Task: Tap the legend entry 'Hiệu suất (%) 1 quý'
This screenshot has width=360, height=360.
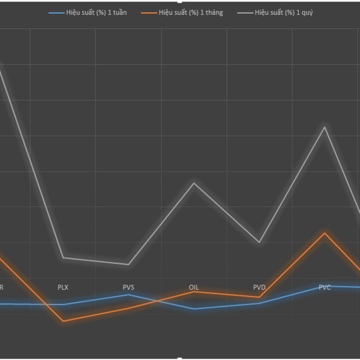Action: point(279,12)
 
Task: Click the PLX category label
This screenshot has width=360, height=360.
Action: point(63,287)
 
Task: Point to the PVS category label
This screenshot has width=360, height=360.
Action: point(128,287)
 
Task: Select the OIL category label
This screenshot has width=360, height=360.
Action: point(194,287)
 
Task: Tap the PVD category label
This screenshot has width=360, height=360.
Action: point(259,287)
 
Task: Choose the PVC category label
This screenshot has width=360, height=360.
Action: point(325,287)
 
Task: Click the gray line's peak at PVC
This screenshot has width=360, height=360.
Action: point(325,127)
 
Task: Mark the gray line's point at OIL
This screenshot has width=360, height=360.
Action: point(194,182)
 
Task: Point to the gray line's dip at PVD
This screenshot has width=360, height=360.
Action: point(259,242)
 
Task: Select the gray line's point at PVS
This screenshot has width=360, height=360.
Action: point(128,264)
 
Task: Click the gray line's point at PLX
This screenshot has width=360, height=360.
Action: point(63,258)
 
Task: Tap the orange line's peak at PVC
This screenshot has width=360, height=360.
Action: point(325,232)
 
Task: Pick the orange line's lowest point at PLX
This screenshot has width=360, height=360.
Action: point(63,321)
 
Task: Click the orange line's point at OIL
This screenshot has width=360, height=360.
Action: point(194,292)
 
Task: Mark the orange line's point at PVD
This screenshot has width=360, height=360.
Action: point(259,297)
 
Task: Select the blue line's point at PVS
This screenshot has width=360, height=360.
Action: point(128,294)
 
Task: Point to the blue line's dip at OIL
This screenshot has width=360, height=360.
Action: point(194,308)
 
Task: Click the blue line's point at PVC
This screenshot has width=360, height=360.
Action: point(325,286)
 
